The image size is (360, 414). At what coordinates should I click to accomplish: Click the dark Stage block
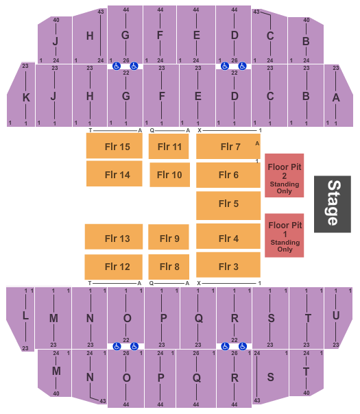[333, 204]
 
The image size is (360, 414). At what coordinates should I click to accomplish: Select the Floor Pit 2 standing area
[284, 175]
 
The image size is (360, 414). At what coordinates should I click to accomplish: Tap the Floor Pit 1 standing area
[284, 235]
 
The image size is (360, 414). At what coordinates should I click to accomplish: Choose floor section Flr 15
[115, 146]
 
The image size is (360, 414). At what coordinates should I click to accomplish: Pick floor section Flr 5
[228, 206]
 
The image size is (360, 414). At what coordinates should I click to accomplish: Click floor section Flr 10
[169, 175]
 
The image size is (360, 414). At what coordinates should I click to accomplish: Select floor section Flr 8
[169, 267]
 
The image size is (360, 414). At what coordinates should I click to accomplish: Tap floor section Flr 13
[114, 236]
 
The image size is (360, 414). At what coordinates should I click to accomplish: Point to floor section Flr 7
[228, 146]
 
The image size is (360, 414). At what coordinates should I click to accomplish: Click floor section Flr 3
[228, 265]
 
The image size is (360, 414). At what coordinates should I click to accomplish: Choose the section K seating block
[21, 95]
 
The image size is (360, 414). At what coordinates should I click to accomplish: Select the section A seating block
[339, 95]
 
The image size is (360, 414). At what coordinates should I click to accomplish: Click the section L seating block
[21, 319]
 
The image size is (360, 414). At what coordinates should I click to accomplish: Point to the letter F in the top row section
[160, 35]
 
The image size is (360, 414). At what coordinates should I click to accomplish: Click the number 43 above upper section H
[101, 12]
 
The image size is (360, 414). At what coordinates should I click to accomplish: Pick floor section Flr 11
[169, 147]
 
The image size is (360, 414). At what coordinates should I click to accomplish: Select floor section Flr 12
[114, 267]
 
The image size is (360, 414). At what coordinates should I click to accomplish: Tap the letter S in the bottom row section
[270, 377]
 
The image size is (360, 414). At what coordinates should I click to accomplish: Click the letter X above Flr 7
[200, 130]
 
